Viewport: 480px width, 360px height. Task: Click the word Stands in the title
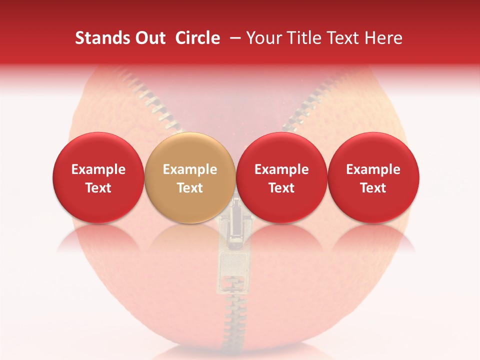click(100, 38)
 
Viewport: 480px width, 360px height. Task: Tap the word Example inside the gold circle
click(190, 169)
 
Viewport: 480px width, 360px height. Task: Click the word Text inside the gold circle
click(190, 188)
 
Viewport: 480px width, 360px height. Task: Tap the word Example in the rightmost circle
click(373, 169)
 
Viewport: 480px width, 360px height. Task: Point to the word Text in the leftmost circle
click(98, 188)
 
